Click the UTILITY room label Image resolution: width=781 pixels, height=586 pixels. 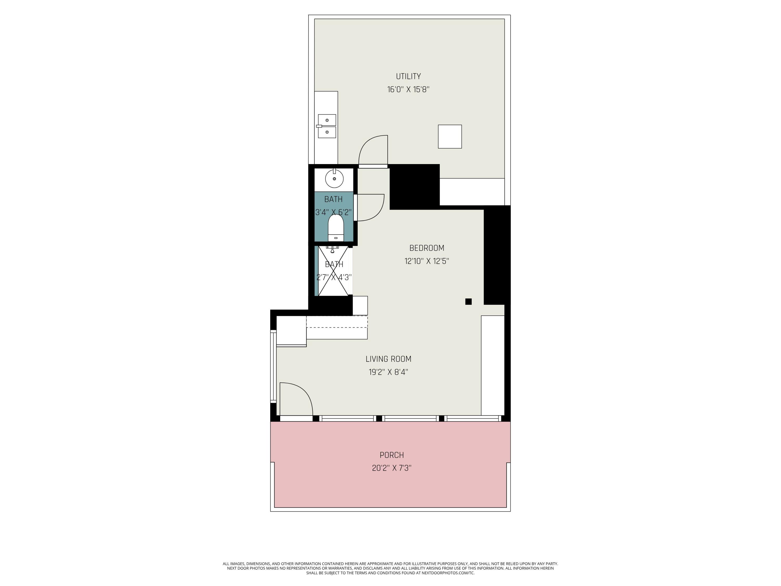[x=408, y=76]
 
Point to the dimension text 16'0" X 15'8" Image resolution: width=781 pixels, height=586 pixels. [x=408, y=89]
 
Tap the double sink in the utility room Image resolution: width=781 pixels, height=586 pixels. [x=327, y=126]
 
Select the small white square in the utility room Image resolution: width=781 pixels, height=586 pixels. [x=450, y=136]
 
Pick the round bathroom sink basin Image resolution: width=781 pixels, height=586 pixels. [x=334, y=179]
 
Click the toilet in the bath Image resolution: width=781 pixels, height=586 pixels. [x=336, y=228]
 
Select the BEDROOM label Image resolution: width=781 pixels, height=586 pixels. [x=426, y=248]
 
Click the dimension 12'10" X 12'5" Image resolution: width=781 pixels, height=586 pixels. [x=426, y=261]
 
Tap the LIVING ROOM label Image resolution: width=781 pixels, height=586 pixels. [x=388, y=359]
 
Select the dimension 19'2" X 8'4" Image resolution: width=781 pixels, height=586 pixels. [x=388, y=372]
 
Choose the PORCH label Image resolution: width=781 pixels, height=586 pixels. [x=392, y=455]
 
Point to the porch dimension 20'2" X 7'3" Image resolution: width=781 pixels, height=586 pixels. [x=392, y=468]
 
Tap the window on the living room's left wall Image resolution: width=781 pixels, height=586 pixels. [x=273, y=366]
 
